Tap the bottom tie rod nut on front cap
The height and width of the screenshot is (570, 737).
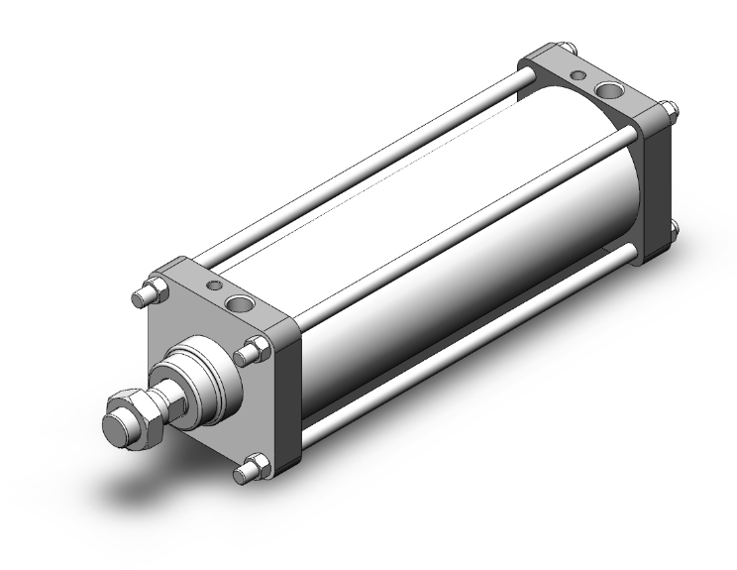click(x=256, y=468)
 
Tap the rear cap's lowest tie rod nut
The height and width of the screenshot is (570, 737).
click(x=672, y=232)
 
